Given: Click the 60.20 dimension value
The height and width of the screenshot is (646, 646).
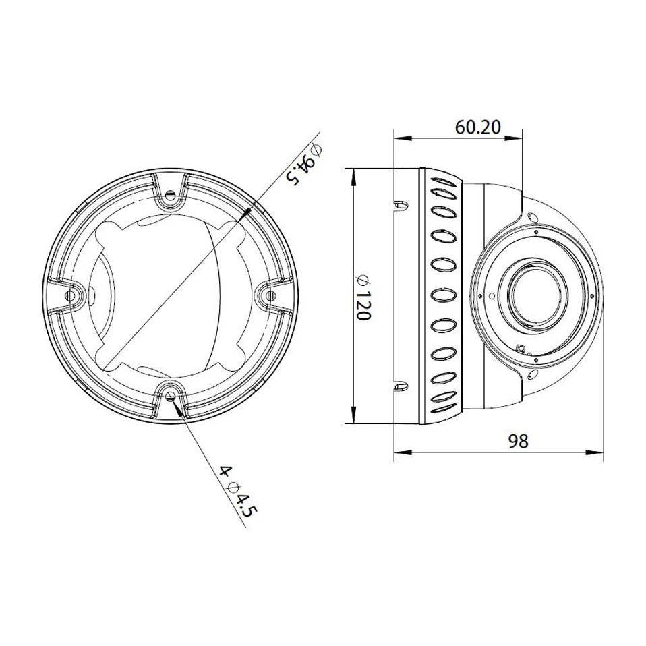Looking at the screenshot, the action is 478,127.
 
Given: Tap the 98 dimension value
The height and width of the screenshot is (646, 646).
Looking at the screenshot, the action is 518,441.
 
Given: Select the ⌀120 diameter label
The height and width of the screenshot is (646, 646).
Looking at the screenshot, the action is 363,297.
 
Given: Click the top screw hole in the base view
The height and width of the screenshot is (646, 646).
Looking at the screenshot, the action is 169,196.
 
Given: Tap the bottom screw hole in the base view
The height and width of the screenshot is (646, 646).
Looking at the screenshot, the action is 170,395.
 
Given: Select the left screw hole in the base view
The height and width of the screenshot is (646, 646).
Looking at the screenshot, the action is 71,295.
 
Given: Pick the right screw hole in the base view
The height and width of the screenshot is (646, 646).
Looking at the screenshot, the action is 270,295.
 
